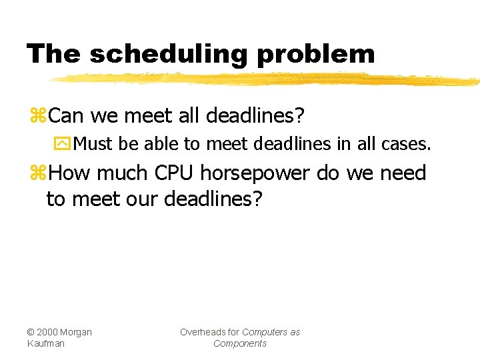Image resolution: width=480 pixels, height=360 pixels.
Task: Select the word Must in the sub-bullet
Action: click(x=95, y=143)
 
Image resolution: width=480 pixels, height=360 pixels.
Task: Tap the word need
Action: click(x=403, y=173)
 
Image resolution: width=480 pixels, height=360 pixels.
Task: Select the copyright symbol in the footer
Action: click(x=31, y=332)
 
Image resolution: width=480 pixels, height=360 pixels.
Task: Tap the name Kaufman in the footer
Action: click(x=46, y=343)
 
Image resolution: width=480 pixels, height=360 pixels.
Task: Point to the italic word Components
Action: click(x=239, y=343)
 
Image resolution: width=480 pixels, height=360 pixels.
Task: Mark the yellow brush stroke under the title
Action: click(x=267, y=79)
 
